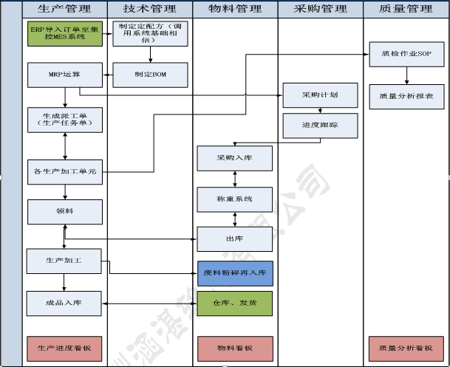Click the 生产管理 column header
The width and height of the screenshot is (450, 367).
tap(64, 9)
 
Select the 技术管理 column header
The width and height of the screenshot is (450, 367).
tap(150, 9)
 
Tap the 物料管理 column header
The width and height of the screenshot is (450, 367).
tap(236, 9)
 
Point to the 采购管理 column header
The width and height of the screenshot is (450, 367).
tap(320, 9)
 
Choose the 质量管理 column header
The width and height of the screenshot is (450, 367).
tap(406, 9)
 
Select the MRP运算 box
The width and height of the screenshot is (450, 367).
tap(64, 75)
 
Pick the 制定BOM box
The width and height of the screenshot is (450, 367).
tap(150, 75)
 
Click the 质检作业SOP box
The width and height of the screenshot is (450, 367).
tap(406, 55)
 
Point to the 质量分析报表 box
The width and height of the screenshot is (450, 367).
tap(406, 96)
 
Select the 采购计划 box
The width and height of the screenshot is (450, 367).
tap(320, 96)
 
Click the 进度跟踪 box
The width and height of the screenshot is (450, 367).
tap(320, 126)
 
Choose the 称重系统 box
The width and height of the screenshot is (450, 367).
tap(235, 199)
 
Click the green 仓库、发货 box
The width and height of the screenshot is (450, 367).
tap(235, 303)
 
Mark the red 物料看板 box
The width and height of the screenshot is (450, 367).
tap(235, 348)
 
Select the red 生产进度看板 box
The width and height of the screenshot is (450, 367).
tap(64, 348)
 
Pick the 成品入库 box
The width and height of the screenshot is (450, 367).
tap(64, 303)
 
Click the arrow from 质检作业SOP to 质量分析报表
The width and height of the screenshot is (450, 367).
tap(406, 75)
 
